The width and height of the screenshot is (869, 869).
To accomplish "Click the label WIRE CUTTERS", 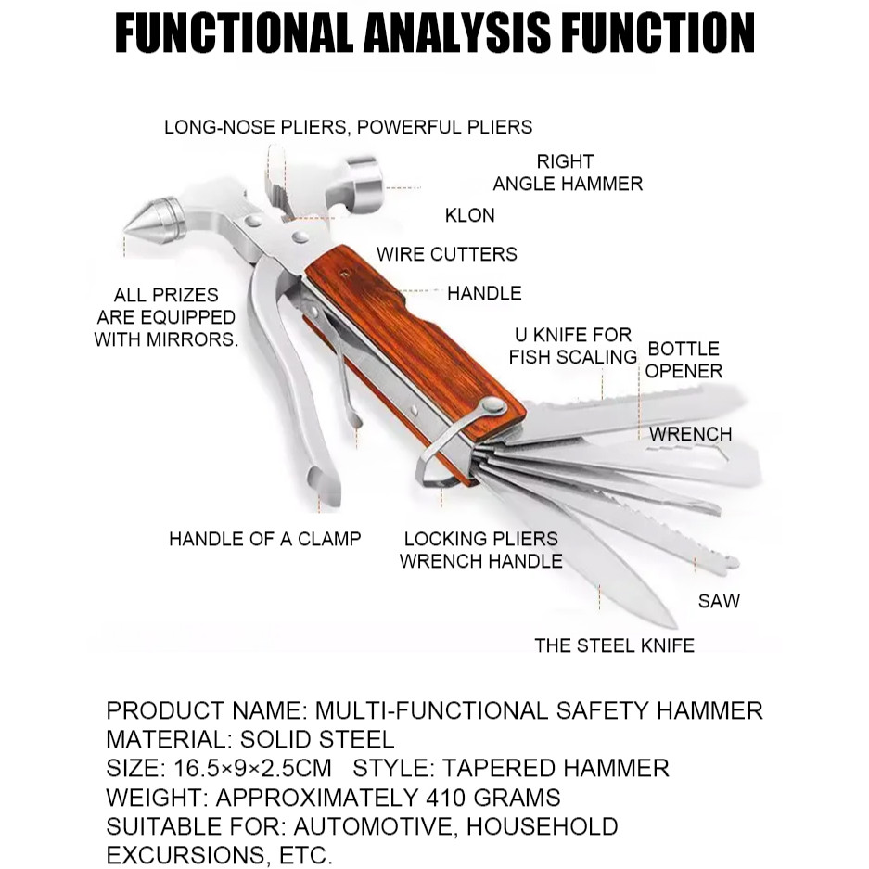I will (446, 254).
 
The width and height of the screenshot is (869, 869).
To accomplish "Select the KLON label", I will (470, 215).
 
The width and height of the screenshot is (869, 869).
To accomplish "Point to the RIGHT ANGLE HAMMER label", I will (567, 173).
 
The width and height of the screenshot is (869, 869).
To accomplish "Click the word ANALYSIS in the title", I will (456, 33).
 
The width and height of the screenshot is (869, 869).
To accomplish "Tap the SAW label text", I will (719, 601).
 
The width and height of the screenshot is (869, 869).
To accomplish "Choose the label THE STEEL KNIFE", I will (614, 645).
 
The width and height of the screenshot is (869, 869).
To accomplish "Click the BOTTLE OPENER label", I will (684, 360).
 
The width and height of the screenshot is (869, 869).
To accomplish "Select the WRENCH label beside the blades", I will (690, 434).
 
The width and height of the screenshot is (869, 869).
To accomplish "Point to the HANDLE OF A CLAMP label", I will (264, 539).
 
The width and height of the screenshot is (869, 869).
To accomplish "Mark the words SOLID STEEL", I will (317, 739).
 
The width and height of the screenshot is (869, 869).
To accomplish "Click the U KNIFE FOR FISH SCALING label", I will (571, 345).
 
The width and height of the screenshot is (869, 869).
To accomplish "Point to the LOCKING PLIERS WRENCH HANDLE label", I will (480, 550).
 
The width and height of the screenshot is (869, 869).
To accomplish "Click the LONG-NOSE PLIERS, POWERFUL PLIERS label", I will (349, 127).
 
